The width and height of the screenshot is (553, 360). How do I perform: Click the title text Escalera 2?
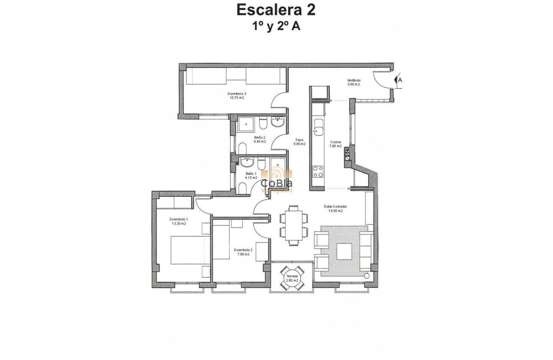click(x=276, y=10)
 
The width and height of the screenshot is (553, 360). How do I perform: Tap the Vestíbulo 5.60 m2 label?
click(x=354, y=82)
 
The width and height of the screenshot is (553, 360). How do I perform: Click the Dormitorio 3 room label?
click(x=237, y=96)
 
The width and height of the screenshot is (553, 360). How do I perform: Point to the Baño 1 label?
click(x=251, y=175)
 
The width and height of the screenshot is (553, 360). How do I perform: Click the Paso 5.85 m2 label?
click(x=299, y=142)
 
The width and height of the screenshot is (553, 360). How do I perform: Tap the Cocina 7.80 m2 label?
click(x=335, y=144)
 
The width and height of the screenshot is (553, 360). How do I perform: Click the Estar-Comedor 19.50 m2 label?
click(x=335, y=209)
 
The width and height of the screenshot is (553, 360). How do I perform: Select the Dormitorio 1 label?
click(x=179, y=221)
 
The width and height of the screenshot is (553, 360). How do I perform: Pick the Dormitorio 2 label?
click(x=243, y=252)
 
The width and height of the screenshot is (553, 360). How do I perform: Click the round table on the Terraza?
click(x=292, y=279)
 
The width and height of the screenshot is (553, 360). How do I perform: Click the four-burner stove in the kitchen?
click(x=318, y=171)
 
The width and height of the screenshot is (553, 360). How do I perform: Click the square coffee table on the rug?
click(x=344, y=252)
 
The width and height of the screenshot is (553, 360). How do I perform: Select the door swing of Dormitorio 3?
click(x=280, y=102)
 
